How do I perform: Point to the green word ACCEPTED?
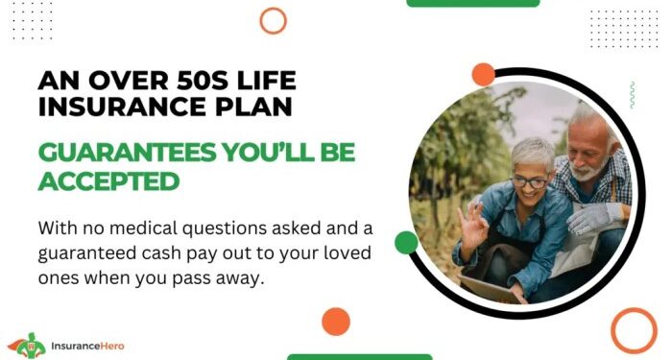click(108, 180)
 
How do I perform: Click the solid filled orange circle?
click(335, 321)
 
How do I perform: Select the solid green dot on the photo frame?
click(406, 242)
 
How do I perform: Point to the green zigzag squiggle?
click(631, 94)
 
